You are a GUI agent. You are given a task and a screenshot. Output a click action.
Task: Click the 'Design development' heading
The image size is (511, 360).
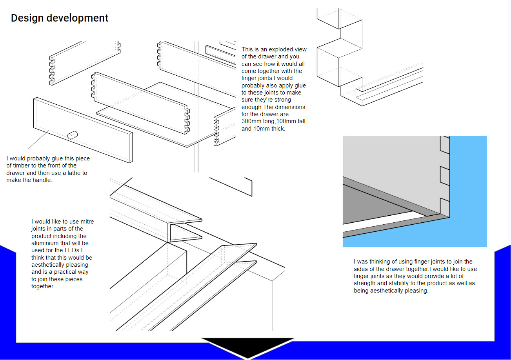(x=60, y=18)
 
